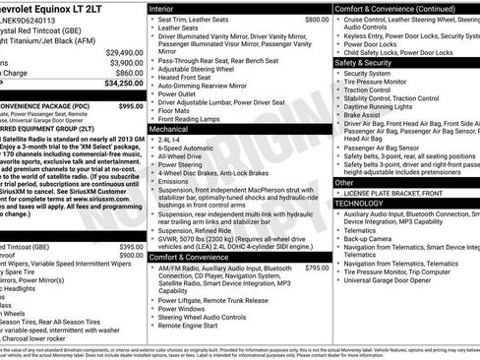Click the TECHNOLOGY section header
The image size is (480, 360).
coord(369,203)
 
